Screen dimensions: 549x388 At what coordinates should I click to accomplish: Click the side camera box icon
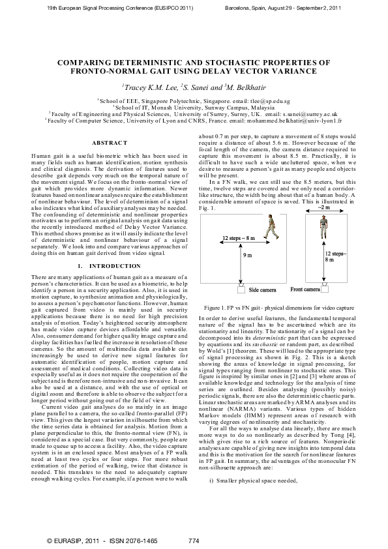(x=240, y=287)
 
